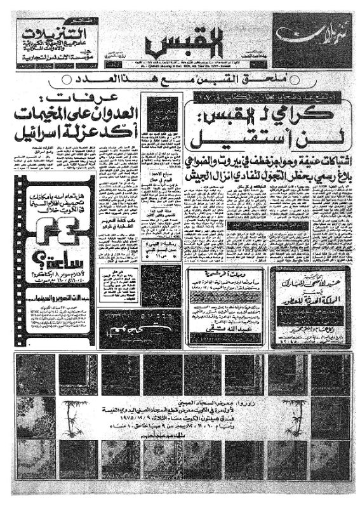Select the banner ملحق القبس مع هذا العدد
pos(180,80)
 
